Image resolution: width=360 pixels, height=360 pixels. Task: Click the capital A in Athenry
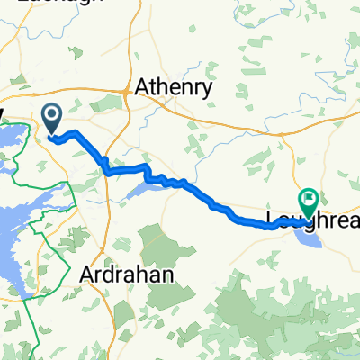[141, 87]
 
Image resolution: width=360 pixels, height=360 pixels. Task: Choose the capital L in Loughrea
[271, 219]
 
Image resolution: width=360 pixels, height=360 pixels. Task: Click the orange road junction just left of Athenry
[126, 92]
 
